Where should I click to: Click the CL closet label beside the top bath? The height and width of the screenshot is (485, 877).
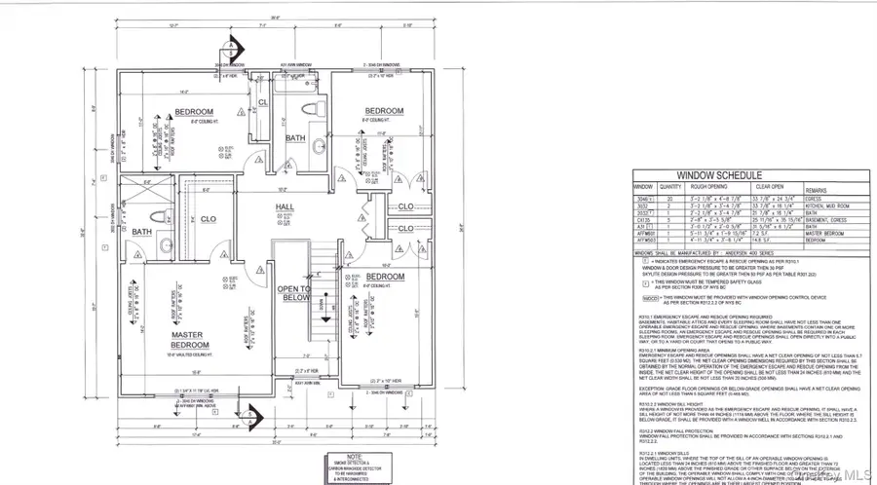click(262, 102)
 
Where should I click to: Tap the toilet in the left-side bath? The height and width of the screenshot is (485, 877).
click(164, 244)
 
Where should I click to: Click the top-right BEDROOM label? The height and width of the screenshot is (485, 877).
click(384, 111)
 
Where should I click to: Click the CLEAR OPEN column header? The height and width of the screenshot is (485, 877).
click(768, 186)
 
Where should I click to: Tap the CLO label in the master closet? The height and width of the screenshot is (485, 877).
click(209, 220)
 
